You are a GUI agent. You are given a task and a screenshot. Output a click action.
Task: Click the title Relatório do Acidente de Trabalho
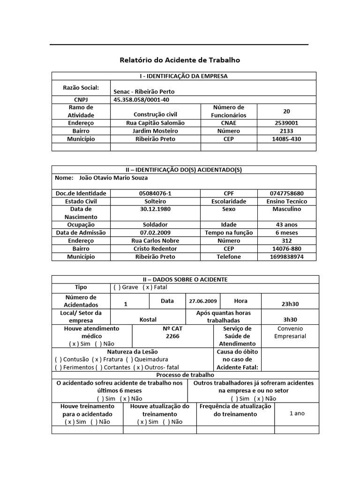[x=180, y=60]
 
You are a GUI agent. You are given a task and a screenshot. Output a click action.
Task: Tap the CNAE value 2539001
[x=286, y=123]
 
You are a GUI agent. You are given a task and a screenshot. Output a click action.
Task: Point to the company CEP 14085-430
[x=286, y=139]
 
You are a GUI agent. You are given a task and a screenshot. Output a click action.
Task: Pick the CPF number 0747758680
[x=286, y=193]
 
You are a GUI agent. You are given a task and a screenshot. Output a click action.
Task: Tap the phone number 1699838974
[x=286, y=257]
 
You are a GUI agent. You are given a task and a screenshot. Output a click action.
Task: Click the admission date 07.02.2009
[x=155, y=232]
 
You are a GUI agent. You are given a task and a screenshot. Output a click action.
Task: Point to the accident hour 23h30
[x=290, y=304]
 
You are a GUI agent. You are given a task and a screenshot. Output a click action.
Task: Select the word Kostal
[x=148, y=320]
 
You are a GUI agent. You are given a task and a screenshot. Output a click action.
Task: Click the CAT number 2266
[x=172, y=337]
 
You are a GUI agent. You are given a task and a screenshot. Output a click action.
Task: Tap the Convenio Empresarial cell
[x=290, y=332]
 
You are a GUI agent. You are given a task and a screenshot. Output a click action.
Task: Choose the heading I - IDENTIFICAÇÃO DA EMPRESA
[x=184, y=76]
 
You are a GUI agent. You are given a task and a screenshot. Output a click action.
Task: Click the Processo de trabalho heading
[x=185, y=375]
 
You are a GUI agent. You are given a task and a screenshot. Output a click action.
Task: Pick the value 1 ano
[x=297, y=413]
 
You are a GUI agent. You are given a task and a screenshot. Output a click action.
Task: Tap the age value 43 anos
[x=286, y=225]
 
